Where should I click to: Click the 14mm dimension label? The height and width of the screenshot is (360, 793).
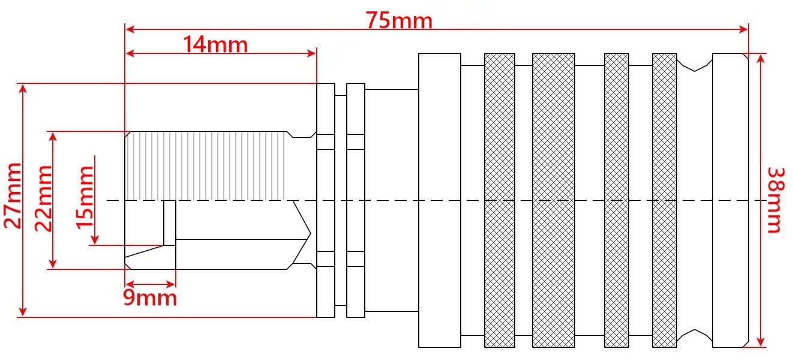point(215,44)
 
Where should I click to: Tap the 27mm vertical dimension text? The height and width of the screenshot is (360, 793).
point(13,195)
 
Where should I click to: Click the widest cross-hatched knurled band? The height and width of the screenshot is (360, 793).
point(553,200)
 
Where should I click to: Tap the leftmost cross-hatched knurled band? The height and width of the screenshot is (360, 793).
point(499,200)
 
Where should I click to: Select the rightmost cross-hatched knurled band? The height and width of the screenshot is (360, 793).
point(664,200)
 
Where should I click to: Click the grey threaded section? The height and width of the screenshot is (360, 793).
point(204,166)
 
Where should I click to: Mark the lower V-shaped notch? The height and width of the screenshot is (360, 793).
point(695,335)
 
